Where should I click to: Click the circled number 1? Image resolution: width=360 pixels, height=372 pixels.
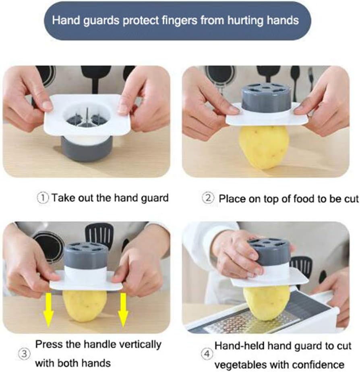tap(43, 198)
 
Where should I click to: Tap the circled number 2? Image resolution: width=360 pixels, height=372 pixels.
tap(208, 198)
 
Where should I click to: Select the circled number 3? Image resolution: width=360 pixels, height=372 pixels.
tap(24, 354)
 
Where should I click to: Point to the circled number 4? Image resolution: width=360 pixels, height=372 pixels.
tap(207, 354)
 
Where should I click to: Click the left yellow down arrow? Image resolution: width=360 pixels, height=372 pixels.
tap(48, 310)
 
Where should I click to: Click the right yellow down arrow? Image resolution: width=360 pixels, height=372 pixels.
tap(123, 310)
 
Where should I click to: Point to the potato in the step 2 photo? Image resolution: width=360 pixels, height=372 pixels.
tap(264, 147)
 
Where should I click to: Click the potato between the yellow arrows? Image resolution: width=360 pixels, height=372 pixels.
tap(85, 306)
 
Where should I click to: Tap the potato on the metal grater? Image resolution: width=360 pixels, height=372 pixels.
tap(267, 303)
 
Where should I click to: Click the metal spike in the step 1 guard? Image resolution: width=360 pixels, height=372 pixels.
tap(87, 116)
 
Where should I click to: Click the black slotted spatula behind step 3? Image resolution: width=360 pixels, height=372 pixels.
tap(99, 235)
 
